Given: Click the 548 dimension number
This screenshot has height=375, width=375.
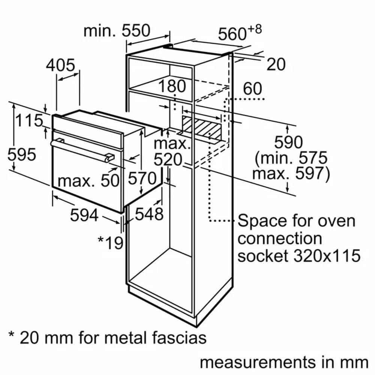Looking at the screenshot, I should pos(149,214).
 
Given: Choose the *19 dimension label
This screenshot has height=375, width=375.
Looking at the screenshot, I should pos(111,243).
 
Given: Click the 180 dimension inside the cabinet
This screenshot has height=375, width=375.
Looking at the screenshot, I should pos(172,86).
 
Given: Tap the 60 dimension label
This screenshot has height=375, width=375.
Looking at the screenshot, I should pos(253,89).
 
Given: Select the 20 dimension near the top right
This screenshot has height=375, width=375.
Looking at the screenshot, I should pos(276,64).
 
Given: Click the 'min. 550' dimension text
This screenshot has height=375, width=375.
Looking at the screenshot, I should pos(117,31).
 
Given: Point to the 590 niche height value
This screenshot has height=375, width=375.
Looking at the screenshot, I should pos(288,142).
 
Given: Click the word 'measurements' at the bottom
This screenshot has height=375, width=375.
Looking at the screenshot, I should pos(257,362).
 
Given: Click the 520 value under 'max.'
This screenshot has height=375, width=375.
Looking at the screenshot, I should pos(168,160).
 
